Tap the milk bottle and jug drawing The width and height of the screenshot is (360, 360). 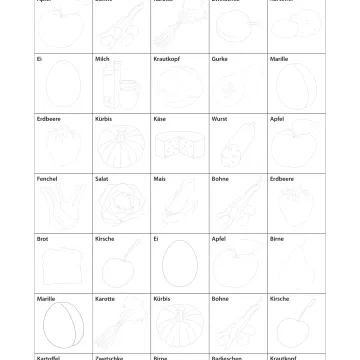120,90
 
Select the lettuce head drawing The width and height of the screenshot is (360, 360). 120,208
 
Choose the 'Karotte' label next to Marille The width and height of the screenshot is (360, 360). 102,298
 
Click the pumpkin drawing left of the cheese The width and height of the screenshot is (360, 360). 120,150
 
